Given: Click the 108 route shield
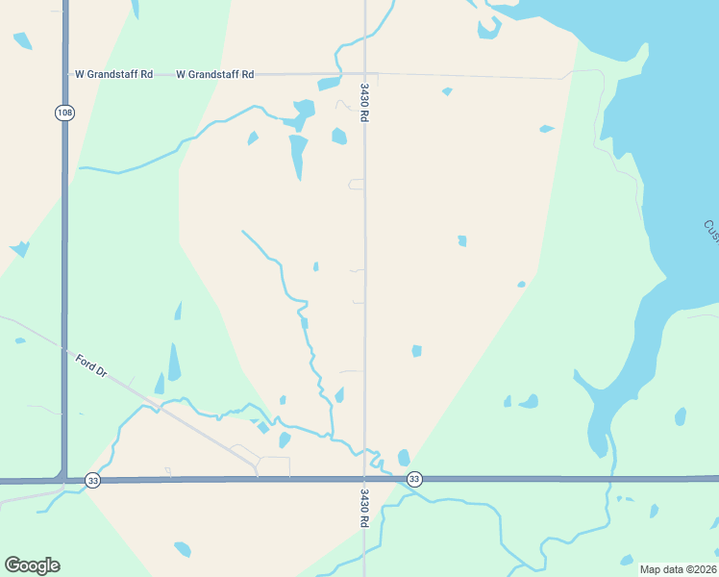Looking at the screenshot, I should pyautogui.click(x=64, y=113).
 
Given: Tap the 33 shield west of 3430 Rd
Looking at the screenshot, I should pyautogui.click(x=92, y=480).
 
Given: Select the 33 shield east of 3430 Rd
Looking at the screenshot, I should pyautogui.click(x=414, y=479).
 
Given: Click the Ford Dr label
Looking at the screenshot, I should pyautogui.click(x=91, y=366).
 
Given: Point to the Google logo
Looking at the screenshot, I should pyautogui.click(x=32, y=565).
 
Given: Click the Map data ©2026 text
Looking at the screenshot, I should pyautogui.click(x=679, y=568).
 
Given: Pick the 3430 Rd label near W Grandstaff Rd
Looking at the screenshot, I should pyautogui.click(x=365, y=101).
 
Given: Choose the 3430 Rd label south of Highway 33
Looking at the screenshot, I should pyautogui.click(x=365, y=508).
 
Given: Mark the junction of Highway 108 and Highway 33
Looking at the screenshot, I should pyautogui.click(x=64, y=479).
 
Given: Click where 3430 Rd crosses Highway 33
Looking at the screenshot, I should pyautogui.click(x=365, y=479).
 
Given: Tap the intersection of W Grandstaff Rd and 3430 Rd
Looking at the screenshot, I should pyautogui.click(x=365, y=74).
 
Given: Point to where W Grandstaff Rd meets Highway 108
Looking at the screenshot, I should pyautogui.click(x=64, y=74).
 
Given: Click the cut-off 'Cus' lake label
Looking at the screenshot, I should pyautogui.click(x=711, y=232).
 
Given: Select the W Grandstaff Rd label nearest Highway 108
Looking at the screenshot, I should pyautogui.click(x=112, y=74).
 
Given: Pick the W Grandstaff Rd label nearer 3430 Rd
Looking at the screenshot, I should pyautogui.click(x=215, y=74).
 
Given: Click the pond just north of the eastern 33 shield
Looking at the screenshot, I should pyautogui.click(x=404, y=458).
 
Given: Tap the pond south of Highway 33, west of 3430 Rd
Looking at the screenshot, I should pyautogui.click(x=183, y=549).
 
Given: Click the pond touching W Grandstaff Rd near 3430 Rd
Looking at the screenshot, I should pyautogui.click(x=329, y=84).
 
